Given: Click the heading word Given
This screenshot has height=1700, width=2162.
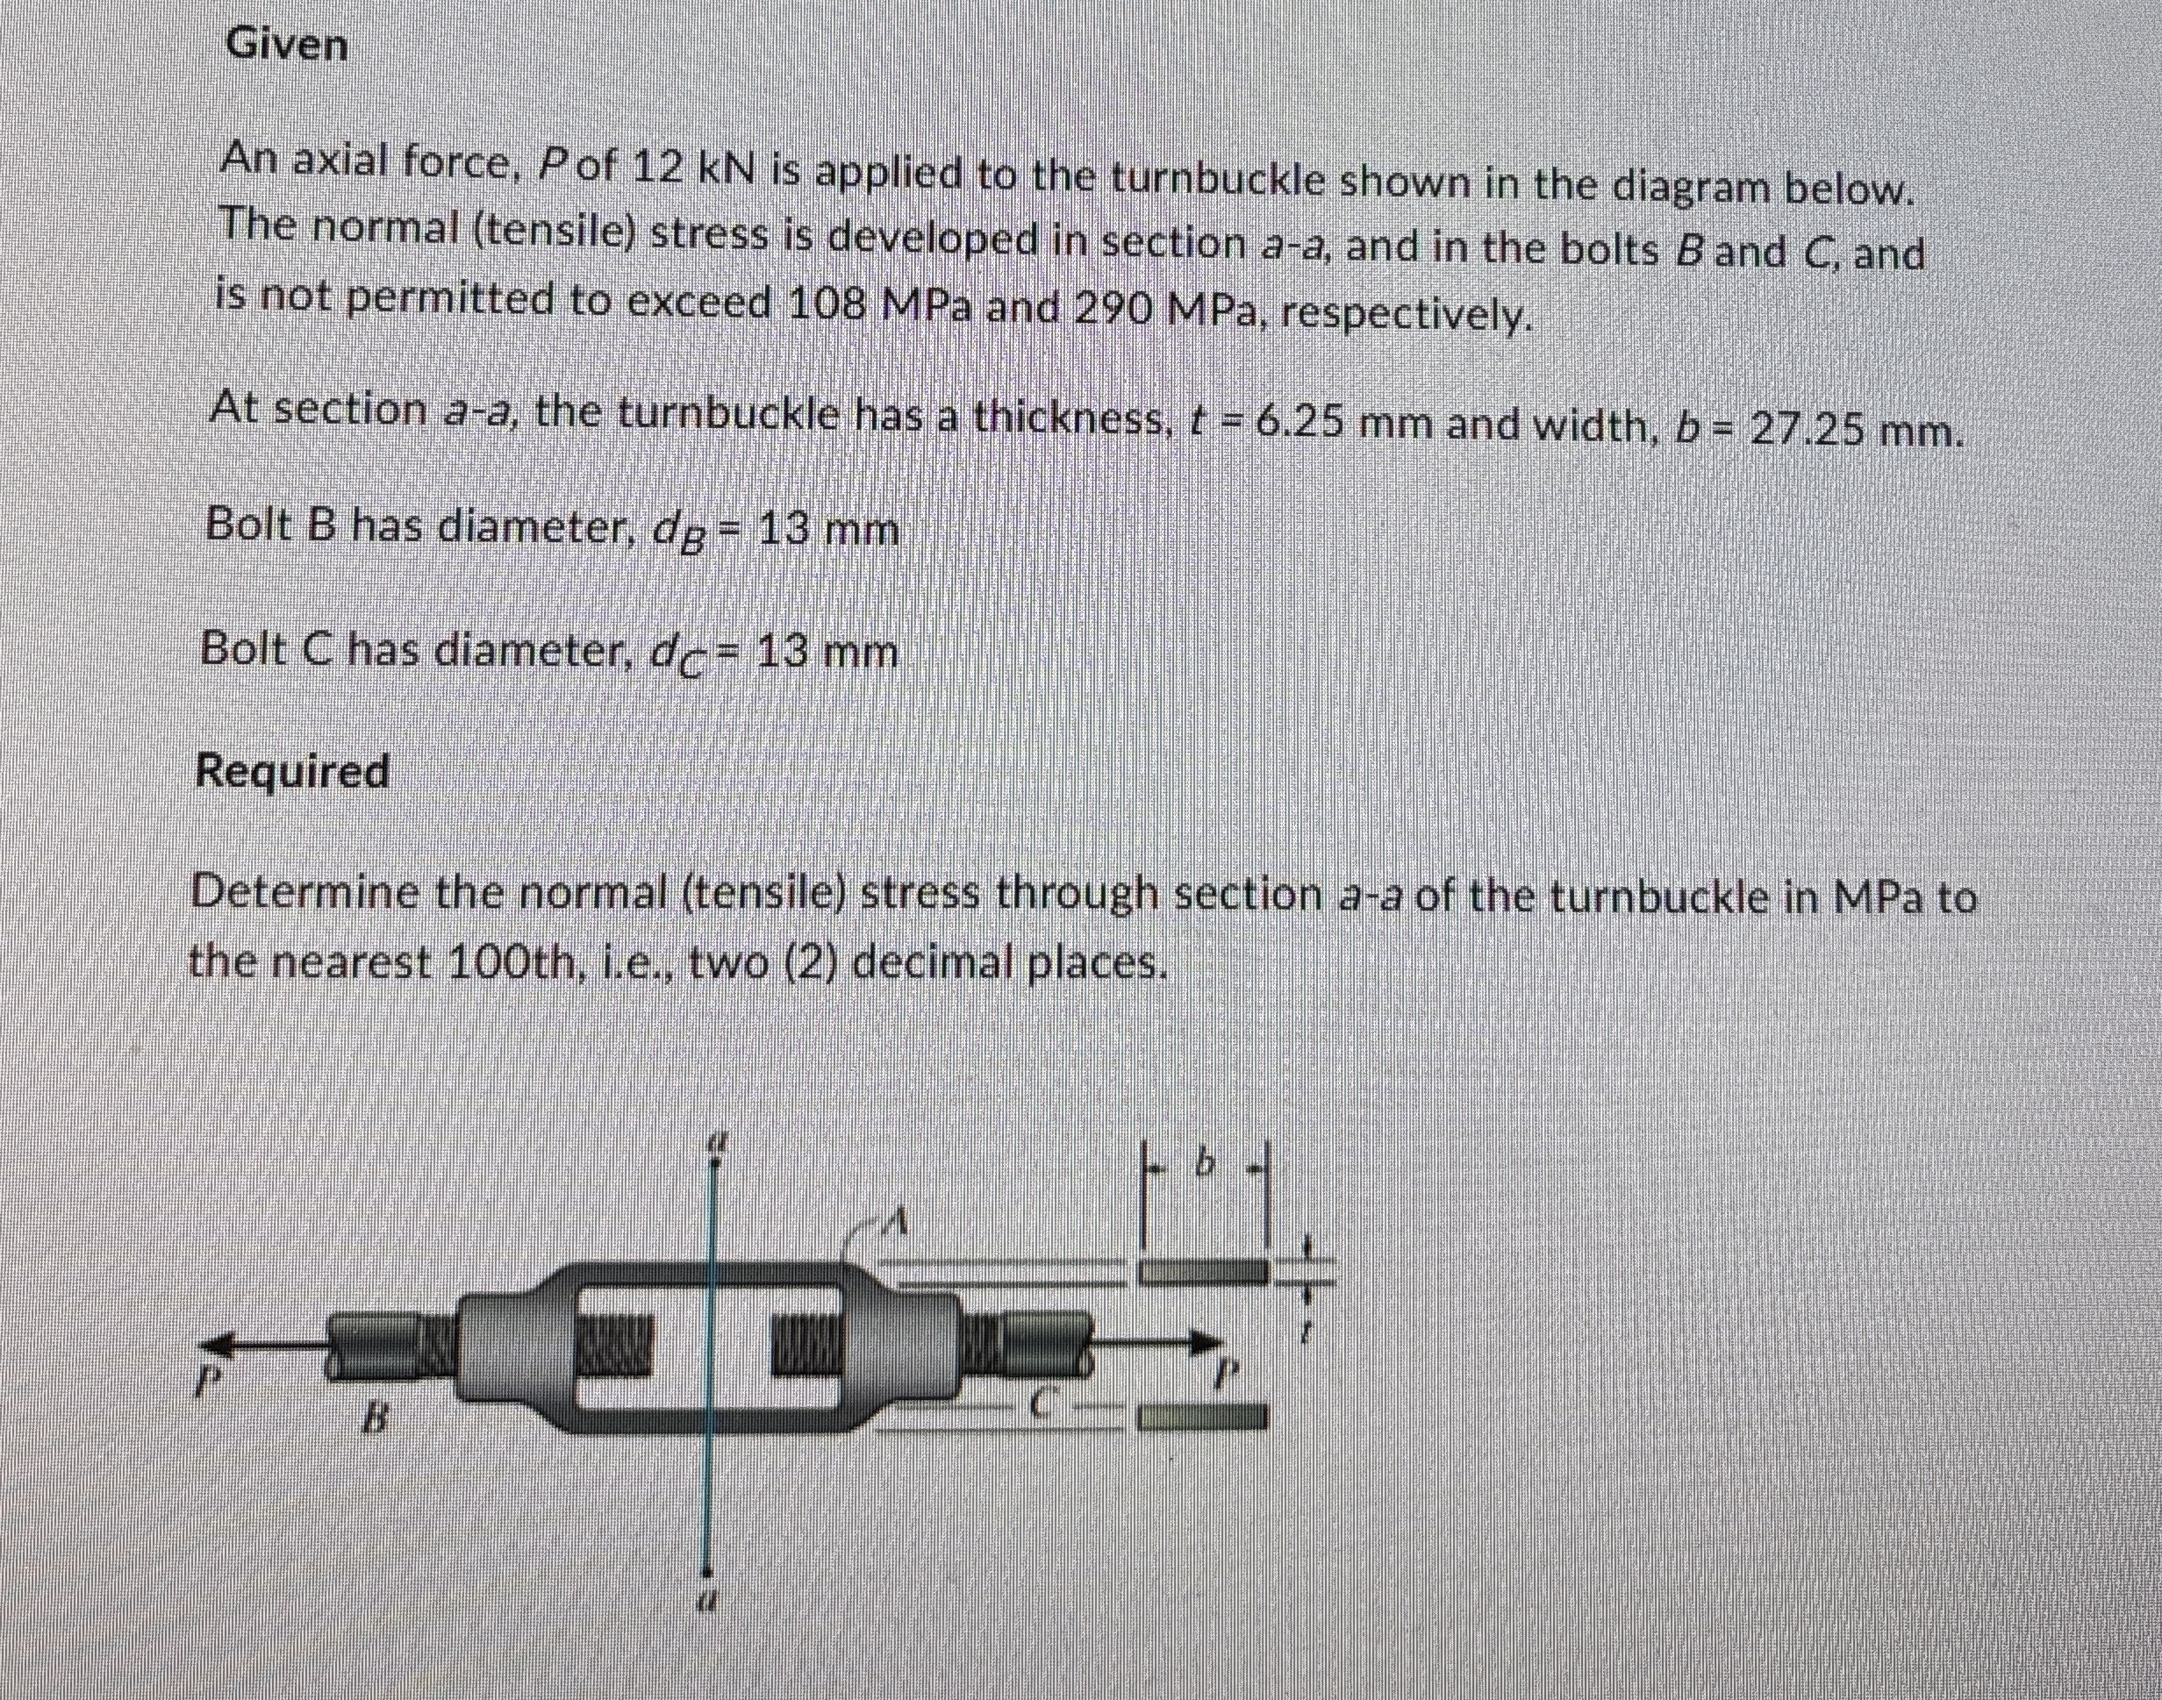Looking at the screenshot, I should coord(287,46).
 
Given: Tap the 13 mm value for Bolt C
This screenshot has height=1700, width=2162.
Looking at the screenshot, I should coord(827,653).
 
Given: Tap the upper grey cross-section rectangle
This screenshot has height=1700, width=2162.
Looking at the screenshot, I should coord(1205,1271).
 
